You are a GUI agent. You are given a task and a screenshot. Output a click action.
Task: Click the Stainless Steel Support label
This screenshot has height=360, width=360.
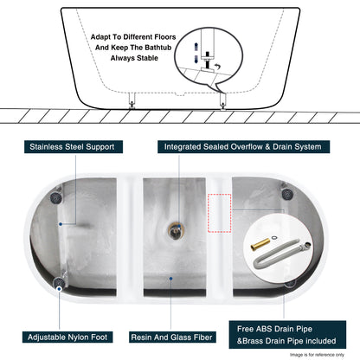pyautogui.click(x=72, y=147)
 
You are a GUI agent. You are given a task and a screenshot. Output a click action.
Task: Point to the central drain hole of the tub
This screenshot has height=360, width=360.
pyautogui.click(x=176, y=230)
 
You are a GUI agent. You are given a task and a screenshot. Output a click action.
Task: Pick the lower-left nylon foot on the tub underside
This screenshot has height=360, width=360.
pyautogui.click(x=62, y=279)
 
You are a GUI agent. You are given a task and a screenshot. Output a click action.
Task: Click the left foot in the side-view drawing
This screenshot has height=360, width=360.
pyautogui.click(x=131, y=102)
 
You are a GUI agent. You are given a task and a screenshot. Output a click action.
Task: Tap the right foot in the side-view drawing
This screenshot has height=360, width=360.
pyautogui.click(x=224, y=102)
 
